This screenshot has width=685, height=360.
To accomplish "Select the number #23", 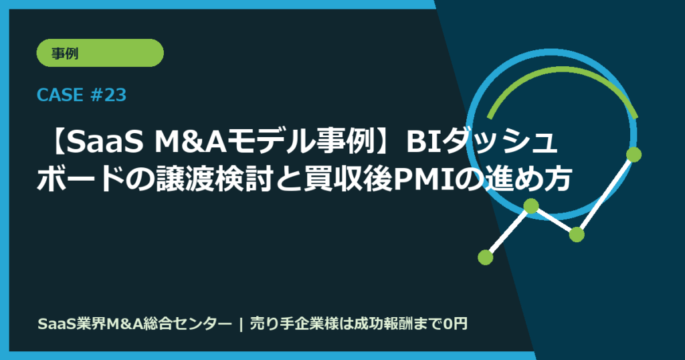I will coord(107,96).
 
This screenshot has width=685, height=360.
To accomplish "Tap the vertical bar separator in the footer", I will coord(240,325).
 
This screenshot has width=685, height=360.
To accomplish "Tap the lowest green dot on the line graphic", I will coord(486,256).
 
